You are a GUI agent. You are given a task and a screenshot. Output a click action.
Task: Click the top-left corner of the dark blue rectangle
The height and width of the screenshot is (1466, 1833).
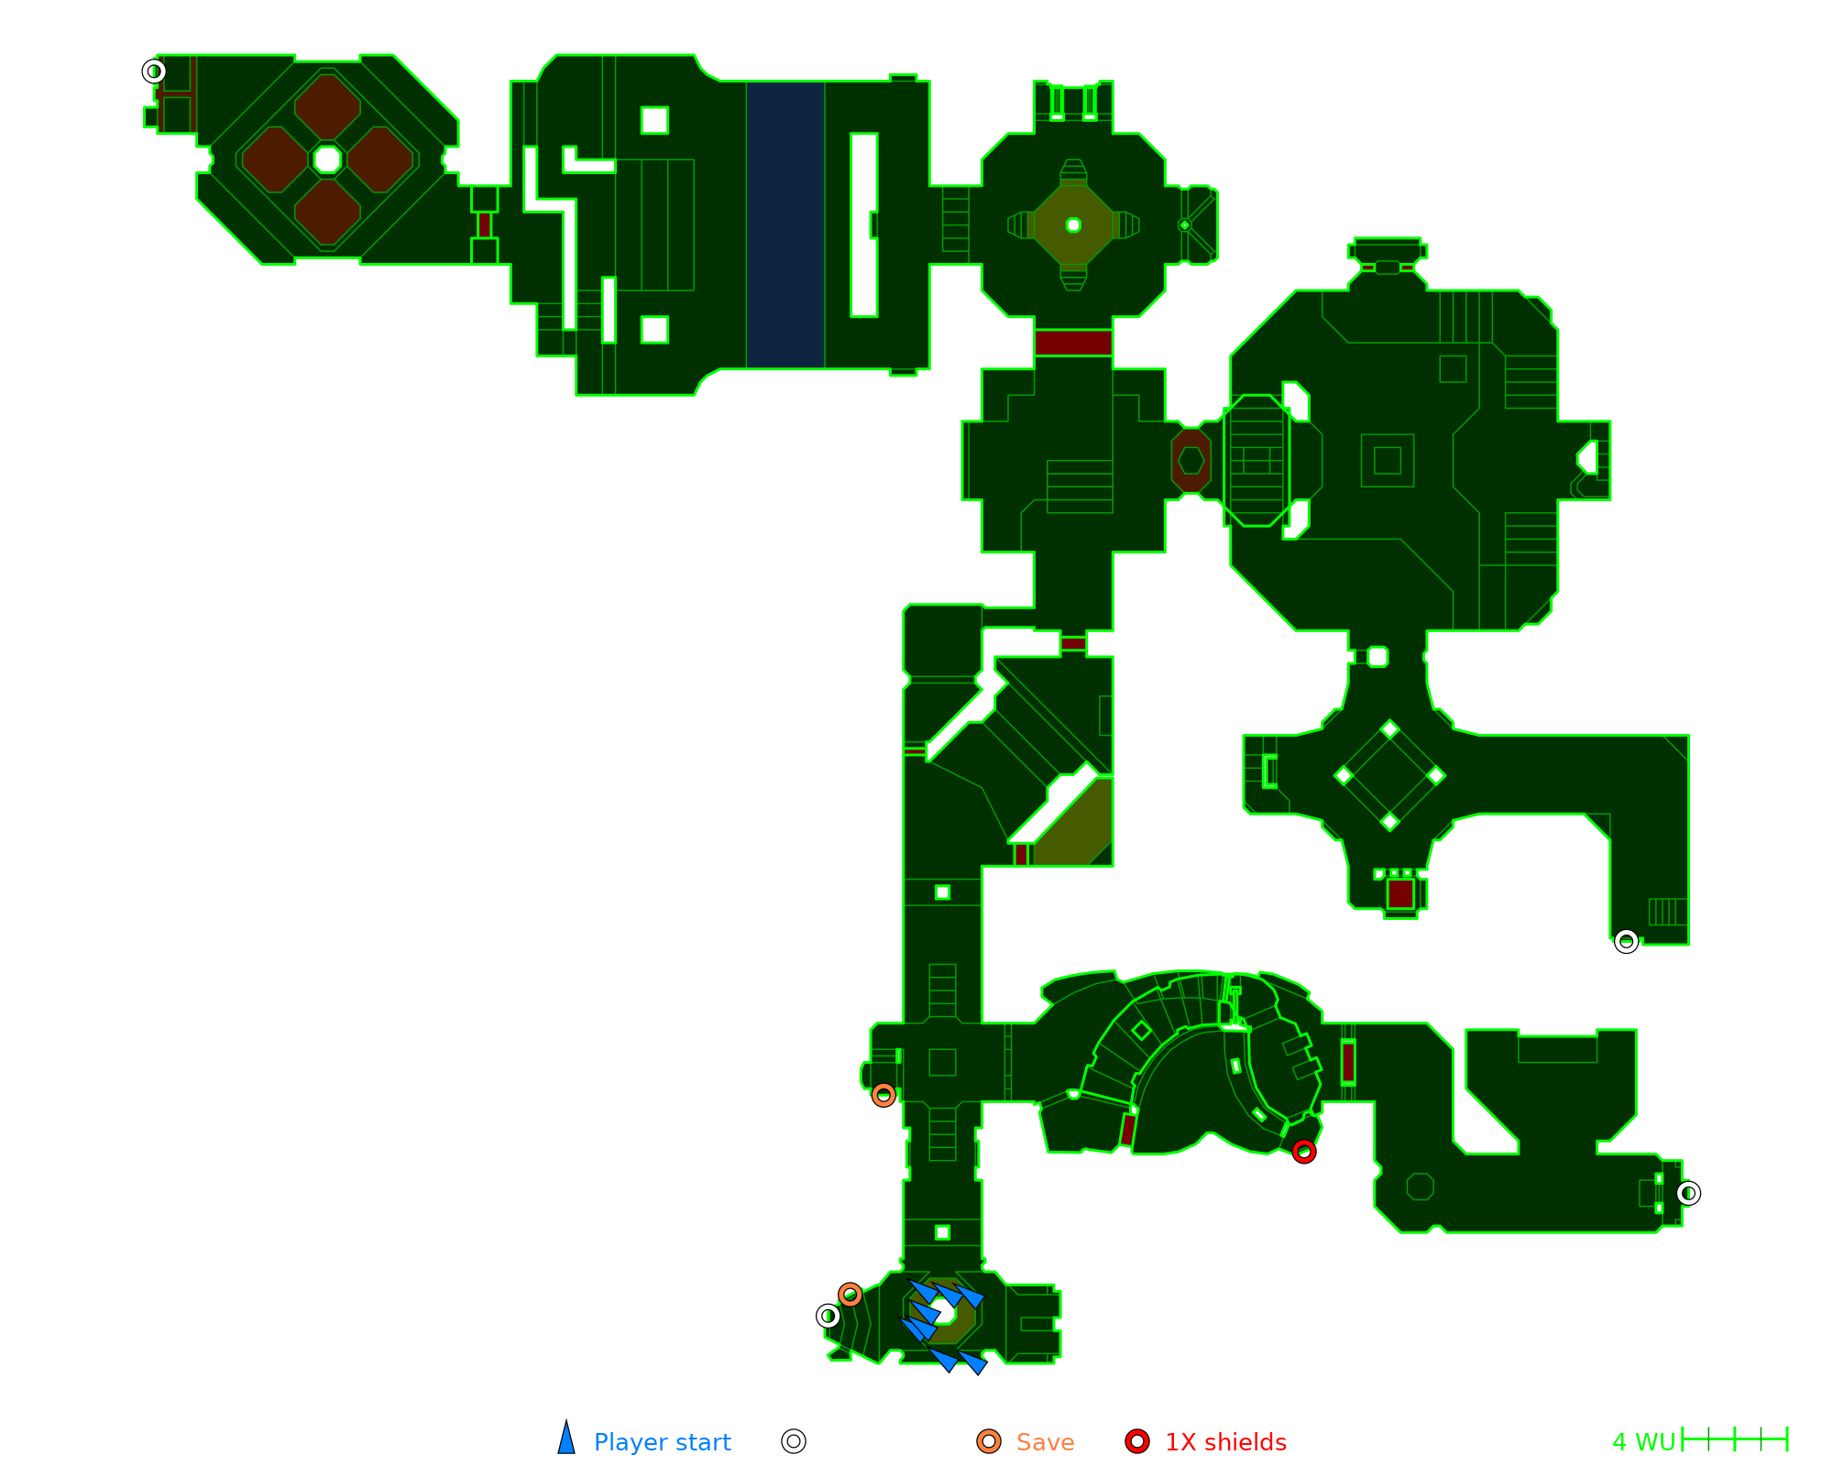click(x=747, y=82)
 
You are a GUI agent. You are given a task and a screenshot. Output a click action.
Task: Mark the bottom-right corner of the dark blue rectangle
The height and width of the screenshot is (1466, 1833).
click(x=825, y=368)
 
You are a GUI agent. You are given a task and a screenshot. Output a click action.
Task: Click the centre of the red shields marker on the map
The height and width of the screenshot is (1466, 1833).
click(x=1304, y=1152)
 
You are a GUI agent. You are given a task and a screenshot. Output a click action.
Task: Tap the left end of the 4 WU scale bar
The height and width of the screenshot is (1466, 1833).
click(x=1683, y=1439)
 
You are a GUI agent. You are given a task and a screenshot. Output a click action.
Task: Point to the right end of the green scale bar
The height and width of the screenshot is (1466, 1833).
click(x=1788, y=1439)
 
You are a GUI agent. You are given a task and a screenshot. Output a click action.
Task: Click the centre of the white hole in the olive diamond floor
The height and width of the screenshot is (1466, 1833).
click(x=1073, y=225)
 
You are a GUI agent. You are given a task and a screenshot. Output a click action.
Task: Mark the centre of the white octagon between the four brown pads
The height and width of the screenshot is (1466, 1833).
click(x=327, y=159)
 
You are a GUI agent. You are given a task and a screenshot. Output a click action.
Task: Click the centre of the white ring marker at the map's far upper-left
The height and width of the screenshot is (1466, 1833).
click(x=154, y=71)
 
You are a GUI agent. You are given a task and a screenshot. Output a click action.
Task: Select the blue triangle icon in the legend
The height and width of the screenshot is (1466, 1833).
click(x=566, y=1438)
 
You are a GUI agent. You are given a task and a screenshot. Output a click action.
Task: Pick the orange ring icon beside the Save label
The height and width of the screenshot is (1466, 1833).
click(x=989, y=1441)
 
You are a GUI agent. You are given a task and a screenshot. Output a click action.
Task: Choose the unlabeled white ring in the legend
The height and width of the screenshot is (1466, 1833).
click(x=794, y=1441)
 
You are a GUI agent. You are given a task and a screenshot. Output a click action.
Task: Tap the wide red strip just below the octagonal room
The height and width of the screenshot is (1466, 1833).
click(x=1073, y=343)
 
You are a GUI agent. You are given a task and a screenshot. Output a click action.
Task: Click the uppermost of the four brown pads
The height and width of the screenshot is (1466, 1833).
click(x=327, y=107)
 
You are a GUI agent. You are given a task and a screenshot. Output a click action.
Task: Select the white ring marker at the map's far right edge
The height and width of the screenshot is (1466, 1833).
click(x=1688, y=1193)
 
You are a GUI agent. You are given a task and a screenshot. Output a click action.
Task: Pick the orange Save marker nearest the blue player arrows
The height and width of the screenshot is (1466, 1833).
click(x=851, y=1295)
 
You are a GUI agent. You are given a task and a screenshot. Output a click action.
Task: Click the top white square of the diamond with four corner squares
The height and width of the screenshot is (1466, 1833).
click(x=1389, y=729)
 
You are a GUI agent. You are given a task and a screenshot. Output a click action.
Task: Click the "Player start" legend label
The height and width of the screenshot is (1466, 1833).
click(x=662, y=1442)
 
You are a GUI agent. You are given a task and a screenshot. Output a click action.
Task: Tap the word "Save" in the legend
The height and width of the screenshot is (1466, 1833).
click(x=1045, y=1442)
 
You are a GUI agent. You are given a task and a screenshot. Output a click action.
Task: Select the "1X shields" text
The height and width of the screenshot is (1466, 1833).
click(x=1225, y=1442)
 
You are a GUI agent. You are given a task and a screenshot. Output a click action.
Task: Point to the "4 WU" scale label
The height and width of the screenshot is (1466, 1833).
click(x=1643, y=1442)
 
